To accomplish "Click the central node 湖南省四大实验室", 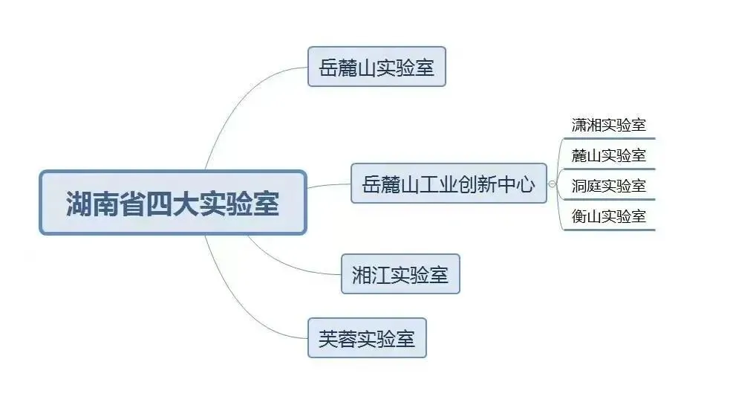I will pos(172,203).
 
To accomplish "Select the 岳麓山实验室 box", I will pos(377,67).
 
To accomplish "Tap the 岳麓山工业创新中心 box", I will pos(449,183).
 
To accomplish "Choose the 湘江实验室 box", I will pos(400,273).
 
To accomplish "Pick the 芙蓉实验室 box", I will pos(367,338).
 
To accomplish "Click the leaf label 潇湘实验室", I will pos(608,125).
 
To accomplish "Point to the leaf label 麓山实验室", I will pos(608,155).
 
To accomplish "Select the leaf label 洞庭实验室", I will pos(608,186).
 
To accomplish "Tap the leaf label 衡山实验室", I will pos(608,216).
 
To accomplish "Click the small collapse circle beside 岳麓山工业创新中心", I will pos(552,184).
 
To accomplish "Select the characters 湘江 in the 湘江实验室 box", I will pos(371,274).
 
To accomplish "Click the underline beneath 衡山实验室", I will pos(608,230).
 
